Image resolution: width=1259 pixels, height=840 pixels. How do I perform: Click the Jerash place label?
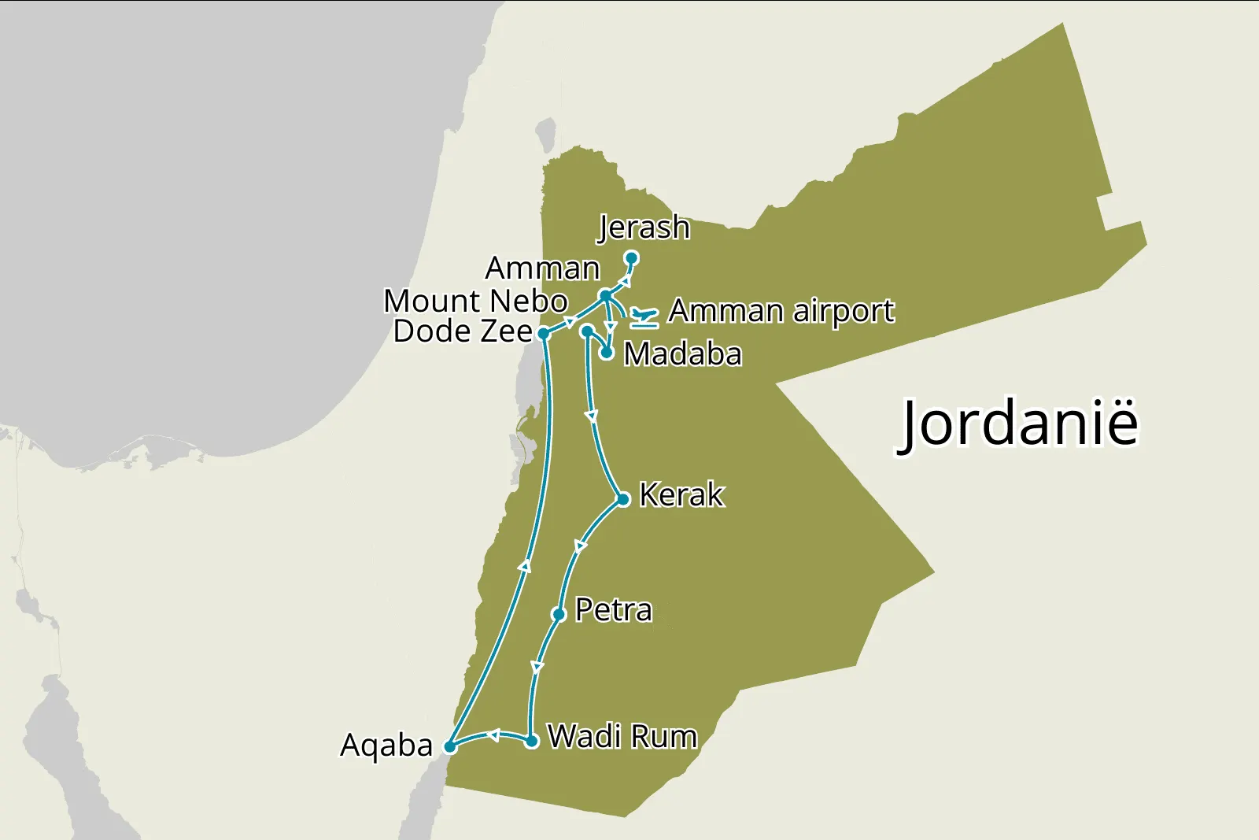point(644,228)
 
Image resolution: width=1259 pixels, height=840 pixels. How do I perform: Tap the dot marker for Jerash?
point(631,257)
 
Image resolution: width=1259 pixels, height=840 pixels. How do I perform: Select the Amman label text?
point(542,268)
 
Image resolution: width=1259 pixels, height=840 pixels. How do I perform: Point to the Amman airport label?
point(781,311)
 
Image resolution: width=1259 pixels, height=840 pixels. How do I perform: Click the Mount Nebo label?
point(475,301)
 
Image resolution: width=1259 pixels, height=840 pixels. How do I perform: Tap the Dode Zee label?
point(463,331)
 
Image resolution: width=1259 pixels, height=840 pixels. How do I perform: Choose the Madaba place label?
point(682,354)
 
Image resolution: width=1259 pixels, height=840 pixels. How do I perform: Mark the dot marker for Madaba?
point(607,353)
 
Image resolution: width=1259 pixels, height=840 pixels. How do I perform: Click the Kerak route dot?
point(623,499)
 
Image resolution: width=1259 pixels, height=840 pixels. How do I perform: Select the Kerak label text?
point(681,495)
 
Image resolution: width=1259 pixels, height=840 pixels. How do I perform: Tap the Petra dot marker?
point(559,614)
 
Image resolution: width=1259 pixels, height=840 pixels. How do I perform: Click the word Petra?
point(614,610)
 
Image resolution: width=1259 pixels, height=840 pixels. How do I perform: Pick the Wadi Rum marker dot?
point(532,741)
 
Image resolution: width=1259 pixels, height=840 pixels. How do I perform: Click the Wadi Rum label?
point(622,737)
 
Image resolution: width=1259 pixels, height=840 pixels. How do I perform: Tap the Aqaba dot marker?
point(449,746)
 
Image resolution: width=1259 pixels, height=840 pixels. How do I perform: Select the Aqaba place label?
point(386,746)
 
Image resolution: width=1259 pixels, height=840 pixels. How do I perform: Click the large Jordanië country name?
point(1019,424)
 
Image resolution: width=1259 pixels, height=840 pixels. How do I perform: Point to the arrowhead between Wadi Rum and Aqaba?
point(493,735)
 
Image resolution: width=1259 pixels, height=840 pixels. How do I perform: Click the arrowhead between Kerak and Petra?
point(581,546)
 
